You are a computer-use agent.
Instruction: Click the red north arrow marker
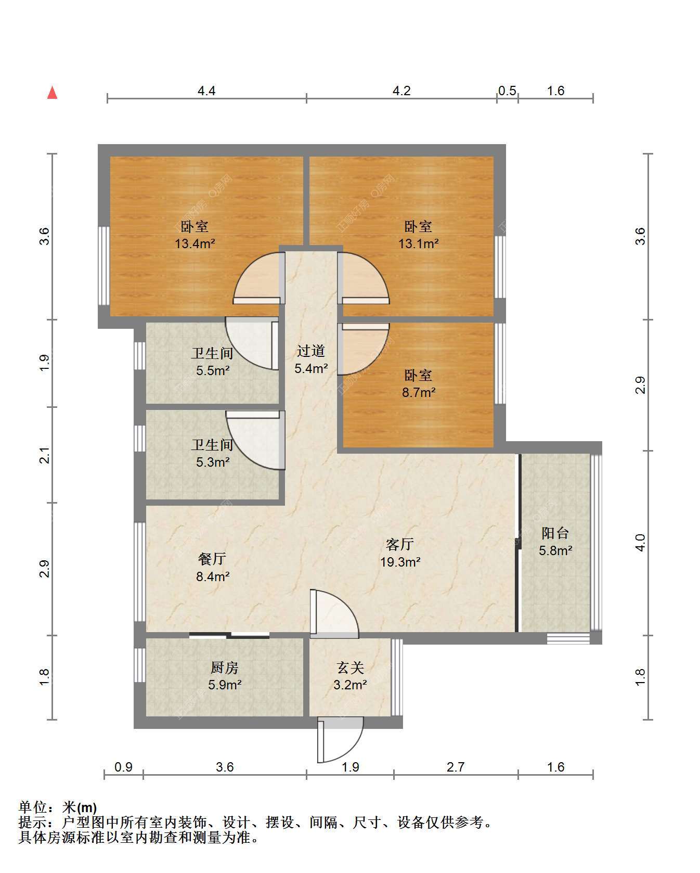coord(52,92)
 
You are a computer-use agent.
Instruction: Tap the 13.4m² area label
coord(195,243)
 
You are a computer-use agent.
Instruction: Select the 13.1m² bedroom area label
coord(419,243)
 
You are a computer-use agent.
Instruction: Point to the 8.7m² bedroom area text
coord(419,392)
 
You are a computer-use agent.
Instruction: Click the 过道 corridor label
coord(311,351)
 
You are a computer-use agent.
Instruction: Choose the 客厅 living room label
coord(400,544)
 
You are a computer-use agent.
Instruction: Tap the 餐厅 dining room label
coord(212,559)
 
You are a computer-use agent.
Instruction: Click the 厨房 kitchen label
coord(225,667)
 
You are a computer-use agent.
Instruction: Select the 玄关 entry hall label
coord(350,667)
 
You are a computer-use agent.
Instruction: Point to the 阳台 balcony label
coord(555,533)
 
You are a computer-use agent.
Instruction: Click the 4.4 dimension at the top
coord(206,91)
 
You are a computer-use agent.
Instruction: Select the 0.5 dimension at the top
coord(508,91)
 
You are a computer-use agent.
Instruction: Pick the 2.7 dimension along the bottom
coord(456,767)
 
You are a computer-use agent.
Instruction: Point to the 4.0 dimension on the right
coord(641,543)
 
